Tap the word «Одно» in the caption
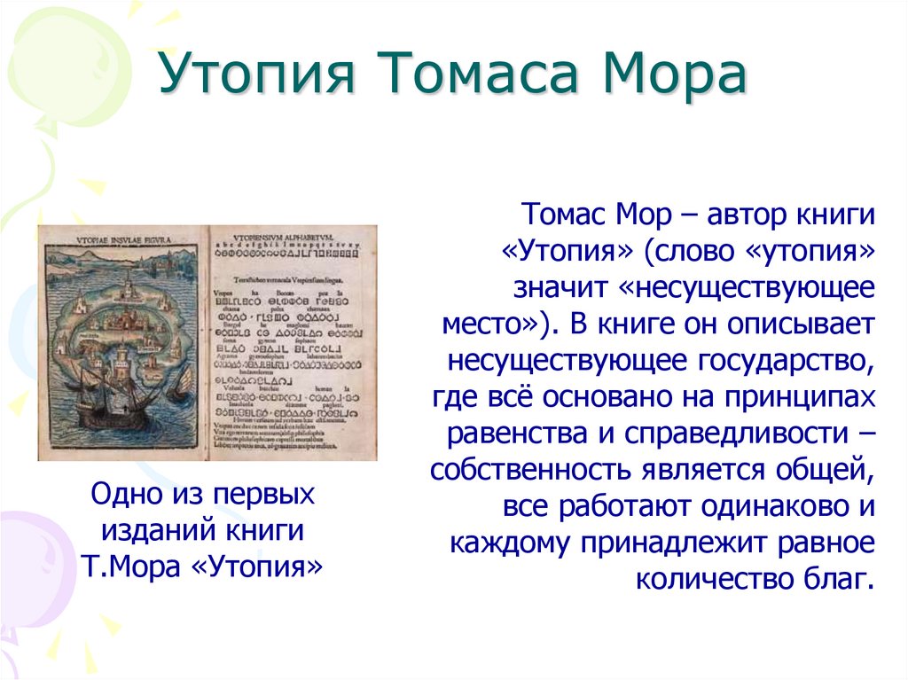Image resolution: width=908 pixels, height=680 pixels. pos(129,494)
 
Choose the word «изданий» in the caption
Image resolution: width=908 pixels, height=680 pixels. pos(150,529)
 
